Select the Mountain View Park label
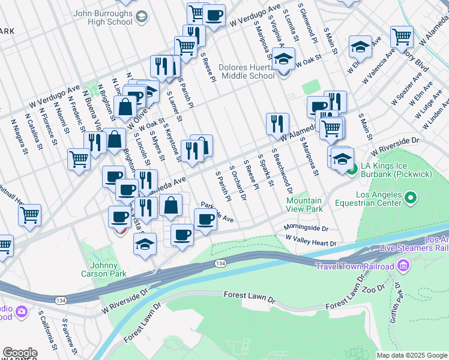pyautogui.click(x=304, y=205)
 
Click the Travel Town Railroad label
pyautogui.click(x=355, y=266)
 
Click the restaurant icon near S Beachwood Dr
pyautogui.click(x=277, y=124)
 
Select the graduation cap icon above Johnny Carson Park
pyautogui.click(x=145, y=244)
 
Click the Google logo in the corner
pyautogui.click(x=20, y=353)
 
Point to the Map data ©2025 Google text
pyautogui.click(x=412, y=355)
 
